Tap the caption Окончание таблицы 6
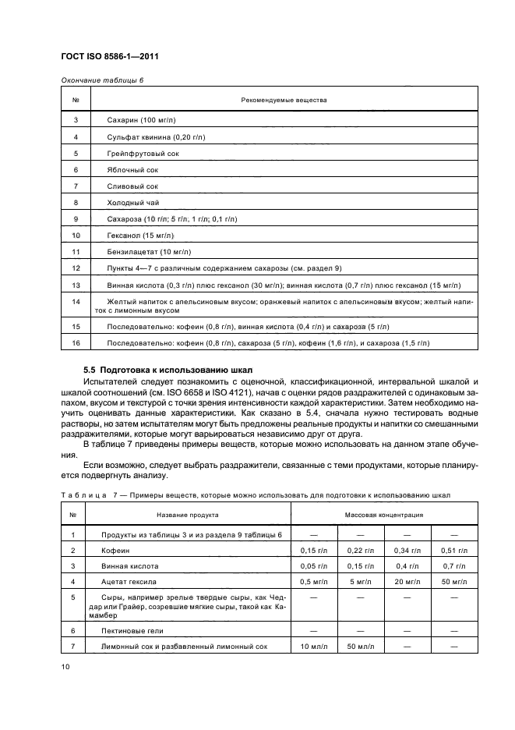(x=98, y=80)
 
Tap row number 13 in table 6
(x=76, y=285)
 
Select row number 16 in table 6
(x=76, y=342)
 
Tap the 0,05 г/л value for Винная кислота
(x=314, y=565)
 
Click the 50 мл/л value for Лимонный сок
(x=361, y=647)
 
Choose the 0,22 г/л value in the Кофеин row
(x=361, y=550)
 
